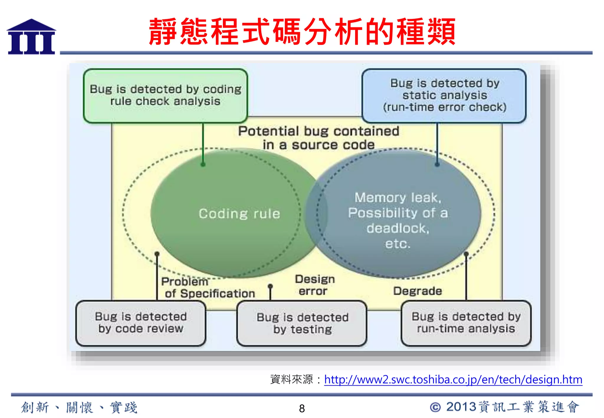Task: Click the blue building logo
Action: pyautogui.click(x=31, y=37)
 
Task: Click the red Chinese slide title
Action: pyautogui.click(x=302, y=31)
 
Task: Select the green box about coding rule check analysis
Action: pyautogui.click(x=165, y=96)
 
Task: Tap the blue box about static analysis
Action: pyautogui.click(x=444, y=96)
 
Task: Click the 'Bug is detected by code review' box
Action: pyautogui.click(x=141, y=323)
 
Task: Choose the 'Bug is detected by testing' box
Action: pyautogui.click(x=302, y=323)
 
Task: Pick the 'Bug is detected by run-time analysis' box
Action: pyautogui.click(x=466, y=323)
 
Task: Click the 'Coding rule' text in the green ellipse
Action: pyautogui.click(x=239, y=214)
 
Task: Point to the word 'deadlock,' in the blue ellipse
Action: pyautogui.click(x=398, y=228)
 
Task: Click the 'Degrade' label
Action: pyautogui.click(x=417, y=291)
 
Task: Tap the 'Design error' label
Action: pyautogui.click(x=314, y=285)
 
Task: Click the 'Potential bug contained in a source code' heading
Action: pyautogui.click(x=319, y=138)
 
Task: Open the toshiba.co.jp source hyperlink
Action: pyautogui.click(x=453, y=380)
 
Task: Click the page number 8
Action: pyautogui.click(x=302, y=409)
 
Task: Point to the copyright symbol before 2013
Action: pyautogui.click(x=435, y=407)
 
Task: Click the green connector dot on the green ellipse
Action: pyautogui.click(x=203, y=164)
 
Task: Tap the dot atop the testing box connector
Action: pyautogui.click(x=270, y=286)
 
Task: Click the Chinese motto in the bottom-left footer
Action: pyautogui.click(x=79, y=408)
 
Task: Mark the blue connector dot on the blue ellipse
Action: pyautogui.click(x=437, y=164)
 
